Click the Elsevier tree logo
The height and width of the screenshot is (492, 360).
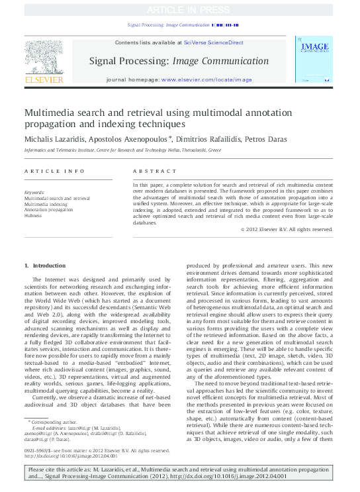pos(44,59)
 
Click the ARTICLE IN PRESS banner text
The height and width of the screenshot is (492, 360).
pos(180,9)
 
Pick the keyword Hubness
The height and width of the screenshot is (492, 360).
pos(33,215)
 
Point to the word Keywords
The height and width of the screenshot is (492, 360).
pos(34,193)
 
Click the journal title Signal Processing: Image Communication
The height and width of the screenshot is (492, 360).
pos(180,62)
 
